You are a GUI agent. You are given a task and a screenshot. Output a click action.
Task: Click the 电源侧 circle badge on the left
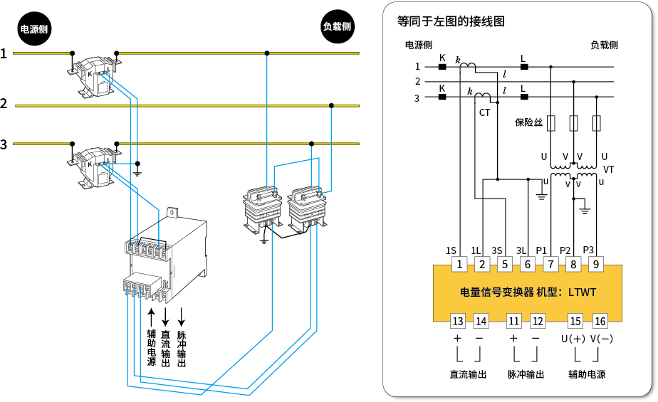pos(34,29)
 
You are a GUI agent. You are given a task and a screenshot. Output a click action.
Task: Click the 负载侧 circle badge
pos(337,26)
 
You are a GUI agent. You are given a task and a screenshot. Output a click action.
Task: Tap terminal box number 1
pos(460,265)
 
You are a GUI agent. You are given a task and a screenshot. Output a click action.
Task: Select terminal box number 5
pos(504,265)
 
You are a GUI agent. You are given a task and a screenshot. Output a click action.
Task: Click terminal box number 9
pos(595,265)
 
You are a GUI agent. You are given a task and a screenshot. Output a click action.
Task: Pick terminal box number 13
pos(458,321)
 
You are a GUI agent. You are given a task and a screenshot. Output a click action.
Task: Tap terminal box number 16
pos(600,321)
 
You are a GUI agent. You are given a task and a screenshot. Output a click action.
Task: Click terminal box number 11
pos(513,321)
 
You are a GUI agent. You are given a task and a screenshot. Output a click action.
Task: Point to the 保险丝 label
pos(528,122)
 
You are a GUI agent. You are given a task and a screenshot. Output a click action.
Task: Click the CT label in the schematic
pos(485,112)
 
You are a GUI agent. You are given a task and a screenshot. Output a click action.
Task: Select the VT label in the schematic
pos(608,169)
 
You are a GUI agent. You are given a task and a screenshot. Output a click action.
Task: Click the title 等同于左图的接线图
pos(451,21)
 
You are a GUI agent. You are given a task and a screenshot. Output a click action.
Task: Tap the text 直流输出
pos(468,374)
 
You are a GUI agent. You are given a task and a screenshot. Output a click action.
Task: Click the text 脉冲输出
pos(526,374)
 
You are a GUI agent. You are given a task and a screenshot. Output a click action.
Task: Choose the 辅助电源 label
pos(587,374)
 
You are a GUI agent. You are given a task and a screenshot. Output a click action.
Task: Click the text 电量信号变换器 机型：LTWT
pos(528,292)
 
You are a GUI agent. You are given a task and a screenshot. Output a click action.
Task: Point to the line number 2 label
pos(417,82)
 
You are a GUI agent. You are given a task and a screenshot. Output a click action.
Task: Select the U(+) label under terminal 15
pos(573,339)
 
